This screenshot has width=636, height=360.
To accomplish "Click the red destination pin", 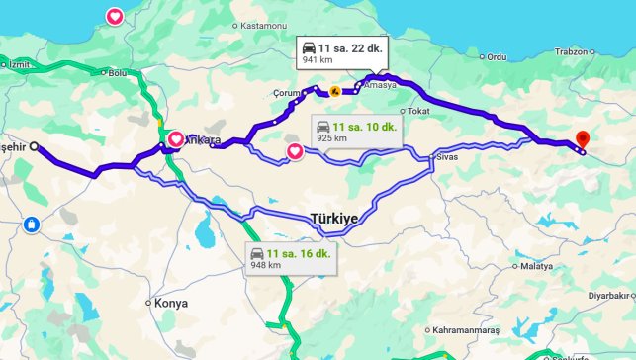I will [582, 140].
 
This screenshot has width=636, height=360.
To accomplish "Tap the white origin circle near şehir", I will [35, 146].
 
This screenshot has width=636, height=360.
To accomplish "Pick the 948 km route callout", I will [291, 259].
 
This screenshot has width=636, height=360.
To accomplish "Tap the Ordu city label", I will [496, 56].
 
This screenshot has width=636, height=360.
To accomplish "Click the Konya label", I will [170, 303].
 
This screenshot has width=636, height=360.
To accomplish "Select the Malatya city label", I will [539, 266].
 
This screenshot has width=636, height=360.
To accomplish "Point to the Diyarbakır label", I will [607, 295].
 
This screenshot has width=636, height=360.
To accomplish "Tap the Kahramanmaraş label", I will [469, 329].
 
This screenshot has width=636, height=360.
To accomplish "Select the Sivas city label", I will [450, 155].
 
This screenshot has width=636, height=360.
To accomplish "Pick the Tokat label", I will [418, 111].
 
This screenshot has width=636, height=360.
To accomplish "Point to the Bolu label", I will [119, 72].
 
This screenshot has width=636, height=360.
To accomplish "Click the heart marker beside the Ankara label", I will [175, 139].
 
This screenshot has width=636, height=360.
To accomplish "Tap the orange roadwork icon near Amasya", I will [336, 90].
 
